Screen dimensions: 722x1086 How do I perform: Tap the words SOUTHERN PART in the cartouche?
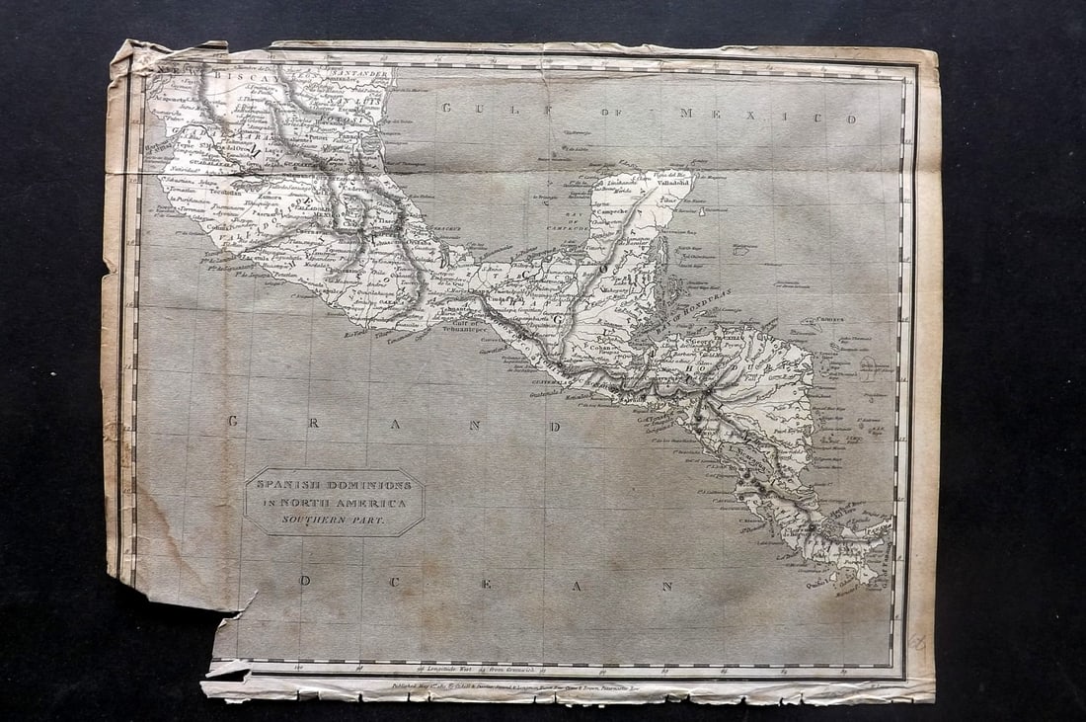tap(334, 519)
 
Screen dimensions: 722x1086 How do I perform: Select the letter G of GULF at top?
tap(446, 108)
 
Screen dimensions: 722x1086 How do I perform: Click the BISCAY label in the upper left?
tap(228, 75)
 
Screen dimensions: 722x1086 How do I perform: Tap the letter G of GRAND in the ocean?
tap(233, 421)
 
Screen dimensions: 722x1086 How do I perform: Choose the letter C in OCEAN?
tap(392, 583)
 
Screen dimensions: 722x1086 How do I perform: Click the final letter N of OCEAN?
tap(667, 586)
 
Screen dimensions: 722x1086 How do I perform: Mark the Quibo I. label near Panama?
tap(818, 583)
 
